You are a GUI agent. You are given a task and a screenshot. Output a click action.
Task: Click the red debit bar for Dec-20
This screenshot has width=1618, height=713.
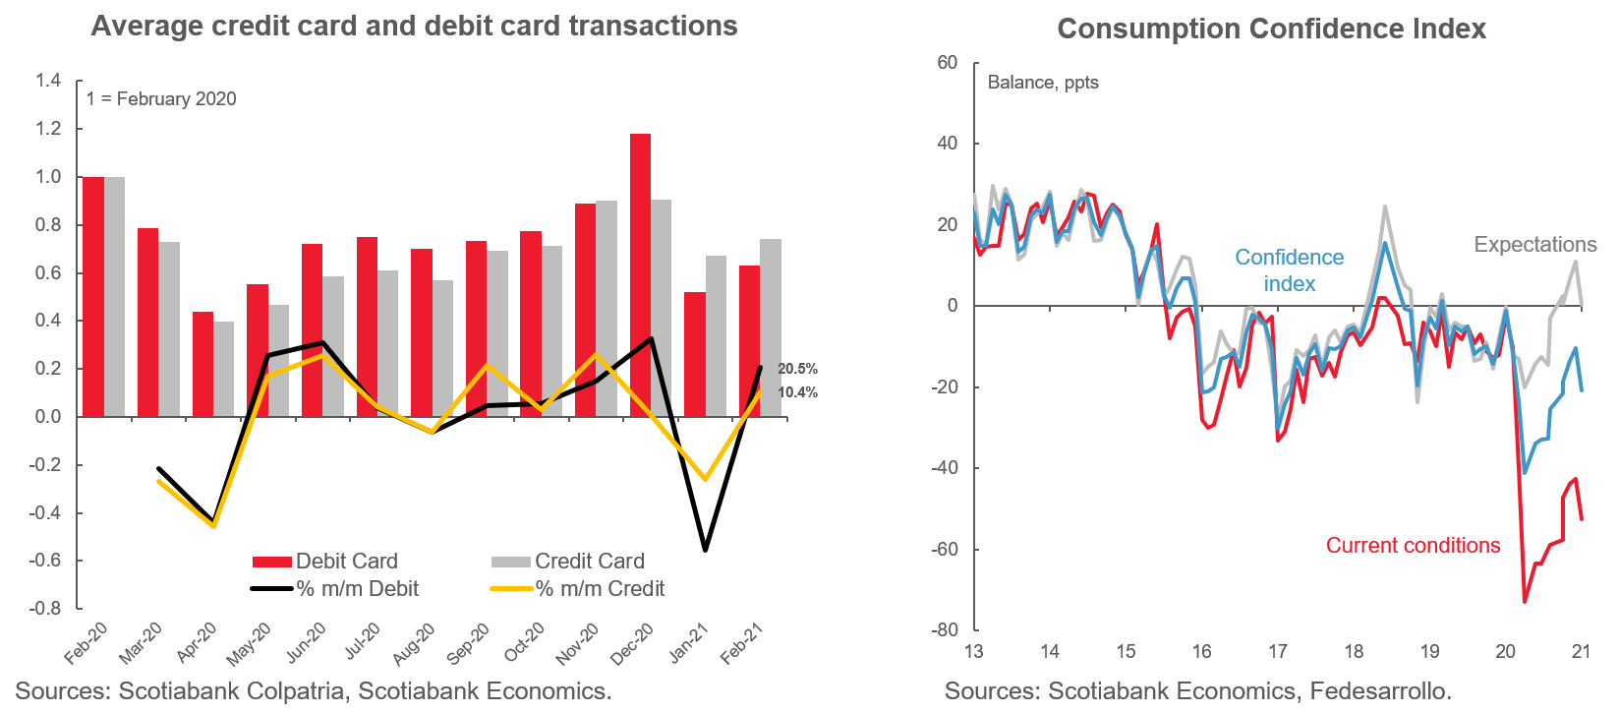click(640, 275)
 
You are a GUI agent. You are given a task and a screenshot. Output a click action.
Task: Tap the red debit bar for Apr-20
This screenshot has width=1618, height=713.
click(202, 364)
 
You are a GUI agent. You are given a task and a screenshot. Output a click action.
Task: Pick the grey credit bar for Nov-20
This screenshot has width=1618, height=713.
click(607, 309)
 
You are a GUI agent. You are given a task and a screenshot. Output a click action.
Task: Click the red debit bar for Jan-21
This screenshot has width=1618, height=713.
click(695, 354)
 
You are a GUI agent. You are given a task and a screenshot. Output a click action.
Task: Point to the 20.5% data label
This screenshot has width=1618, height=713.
click(797, 369)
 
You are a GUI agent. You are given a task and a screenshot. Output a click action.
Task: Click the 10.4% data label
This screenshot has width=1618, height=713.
click(797, 392)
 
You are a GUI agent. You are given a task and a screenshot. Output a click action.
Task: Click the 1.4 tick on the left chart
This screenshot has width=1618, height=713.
click(48, 81)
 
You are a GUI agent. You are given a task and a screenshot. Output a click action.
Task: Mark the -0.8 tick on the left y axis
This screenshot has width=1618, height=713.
click(45, 609)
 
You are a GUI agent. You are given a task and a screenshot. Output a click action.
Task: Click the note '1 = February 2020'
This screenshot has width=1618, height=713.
click(161, 99)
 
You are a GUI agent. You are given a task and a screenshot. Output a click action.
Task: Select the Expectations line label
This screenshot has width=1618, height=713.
click(1534, 245)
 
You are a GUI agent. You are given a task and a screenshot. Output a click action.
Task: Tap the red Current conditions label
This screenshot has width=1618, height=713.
click(1413, 546)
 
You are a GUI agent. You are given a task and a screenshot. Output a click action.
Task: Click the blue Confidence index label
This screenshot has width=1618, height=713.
click(1289, 270)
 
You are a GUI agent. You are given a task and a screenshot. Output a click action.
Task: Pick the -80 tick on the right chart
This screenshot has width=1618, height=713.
click(945, 630)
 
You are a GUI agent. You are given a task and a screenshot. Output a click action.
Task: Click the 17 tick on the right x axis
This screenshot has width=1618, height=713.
click(1277, 652)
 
